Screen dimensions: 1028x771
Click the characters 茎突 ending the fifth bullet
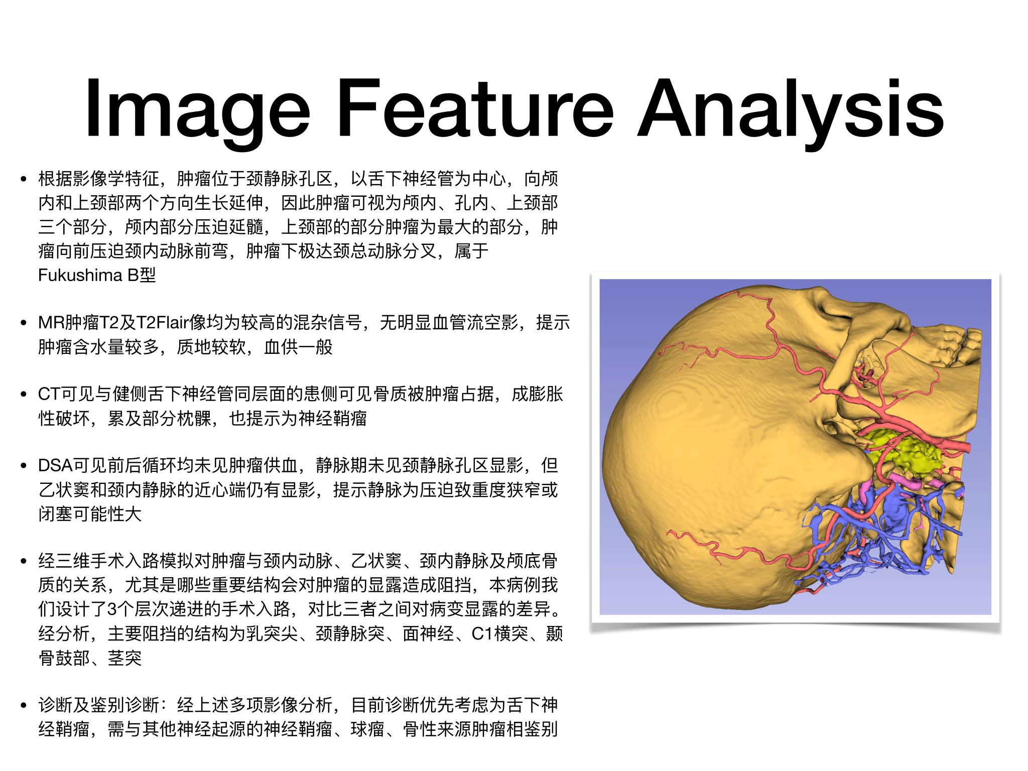tap(124, 658)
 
